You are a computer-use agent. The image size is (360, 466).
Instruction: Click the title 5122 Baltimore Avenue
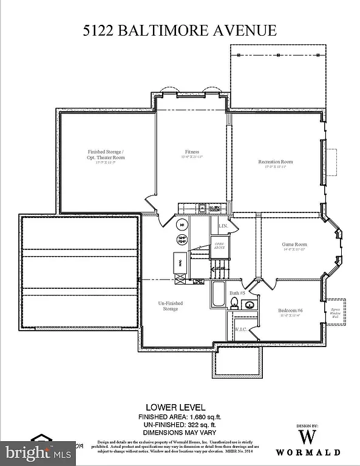pyautogui.click(x=180, y=30)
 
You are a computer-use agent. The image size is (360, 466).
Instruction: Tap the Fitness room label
pyautogui.click(x=192, y=153)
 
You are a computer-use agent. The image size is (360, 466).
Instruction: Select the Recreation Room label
pyautogui.click(x=275, y=162)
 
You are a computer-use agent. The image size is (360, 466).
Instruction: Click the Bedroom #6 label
pyautogui.click(x=290, y=312)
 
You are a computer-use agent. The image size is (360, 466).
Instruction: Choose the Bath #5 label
pyautogui.click(x=237, y=292)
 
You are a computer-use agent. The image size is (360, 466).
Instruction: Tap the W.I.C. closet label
pyautogui.click(x=240, y=329)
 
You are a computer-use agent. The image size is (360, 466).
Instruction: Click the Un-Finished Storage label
pyautogui.click(x=171, y=306)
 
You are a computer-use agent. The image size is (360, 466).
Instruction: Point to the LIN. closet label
pyautogui.click(x=223, y=226)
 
